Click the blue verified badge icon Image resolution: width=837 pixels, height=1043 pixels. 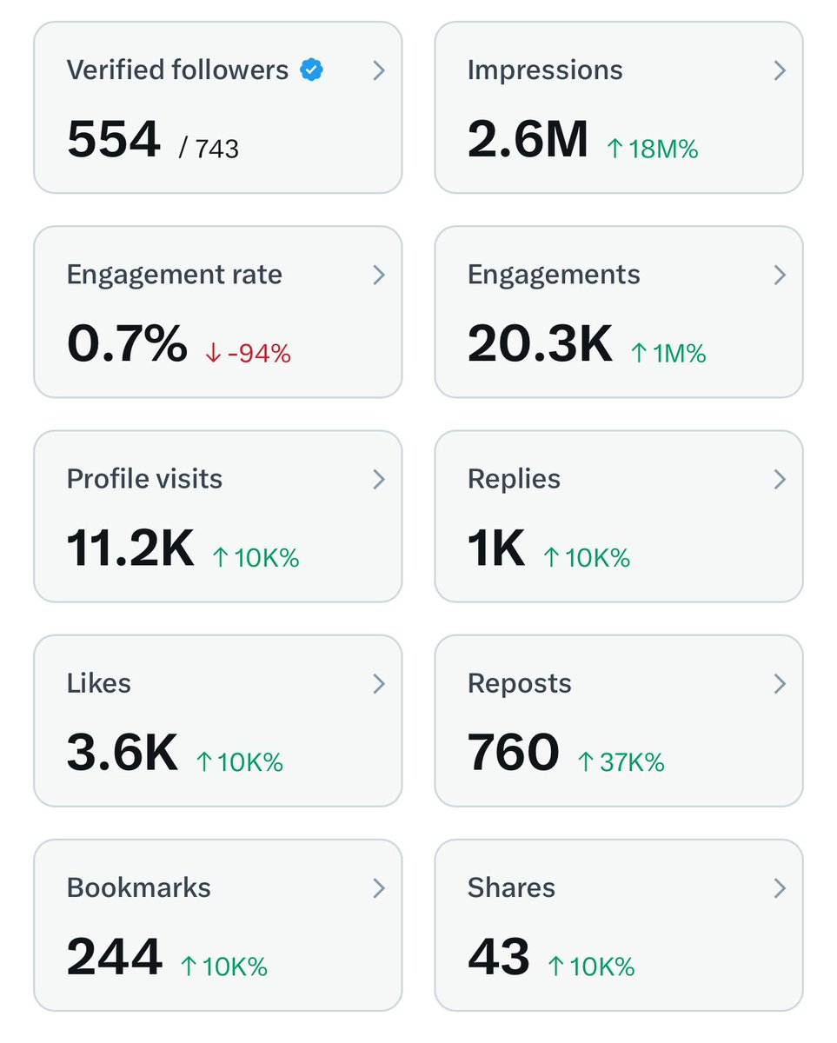pos(311,70)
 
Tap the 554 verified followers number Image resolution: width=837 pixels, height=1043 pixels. pos(114,140)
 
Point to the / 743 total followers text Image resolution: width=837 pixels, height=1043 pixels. pos(209,149)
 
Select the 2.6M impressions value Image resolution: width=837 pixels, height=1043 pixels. pos(528,140)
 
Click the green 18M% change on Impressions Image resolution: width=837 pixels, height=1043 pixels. pos(652,149)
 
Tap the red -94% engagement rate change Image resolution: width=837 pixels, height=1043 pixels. pos(248,354)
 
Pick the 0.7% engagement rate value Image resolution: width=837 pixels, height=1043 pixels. pos(127,344)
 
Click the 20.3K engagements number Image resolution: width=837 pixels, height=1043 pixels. pos(540,344)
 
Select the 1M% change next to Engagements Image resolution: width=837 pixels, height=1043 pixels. pos(668,354)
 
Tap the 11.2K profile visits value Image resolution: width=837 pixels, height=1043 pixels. pos(130,548)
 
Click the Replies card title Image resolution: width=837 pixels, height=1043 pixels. pos(514,479)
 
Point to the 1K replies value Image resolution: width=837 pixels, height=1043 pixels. pos(496,548)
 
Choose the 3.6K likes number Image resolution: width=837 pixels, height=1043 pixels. pos(123,753)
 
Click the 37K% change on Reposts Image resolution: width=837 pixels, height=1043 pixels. pos(621,762)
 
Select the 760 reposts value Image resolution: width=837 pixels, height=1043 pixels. pos(514,753)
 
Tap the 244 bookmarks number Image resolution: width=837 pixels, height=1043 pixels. pos(115,957)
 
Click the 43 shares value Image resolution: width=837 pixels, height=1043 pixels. pos(499,957)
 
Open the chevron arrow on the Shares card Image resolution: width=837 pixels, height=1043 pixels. pos(780,888)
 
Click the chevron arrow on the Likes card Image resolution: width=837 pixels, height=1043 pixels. pos(379,684)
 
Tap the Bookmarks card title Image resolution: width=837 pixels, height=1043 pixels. pos(139,887)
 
